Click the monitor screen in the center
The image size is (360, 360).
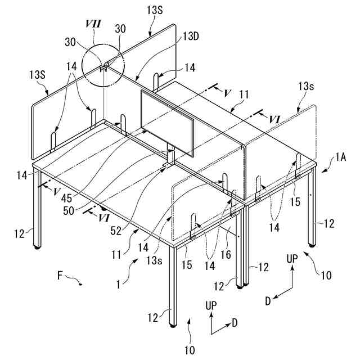168,124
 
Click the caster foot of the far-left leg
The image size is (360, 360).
38,247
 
